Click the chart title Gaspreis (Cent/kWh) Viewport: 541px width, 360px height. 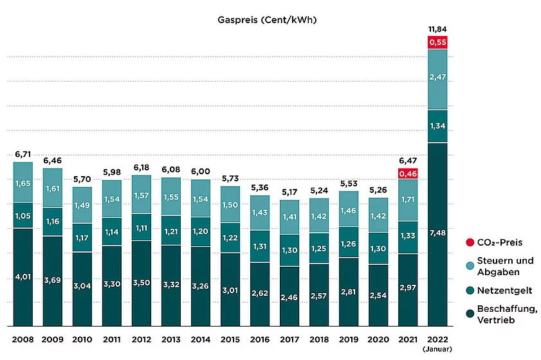coord(268,20)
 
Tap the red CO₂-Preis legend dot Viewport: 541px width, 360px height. coord(468,243)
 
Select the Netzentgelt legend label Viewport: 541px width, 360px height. coord(505,291)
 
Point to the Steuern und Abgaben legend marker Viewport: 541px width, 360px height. coord(468,265)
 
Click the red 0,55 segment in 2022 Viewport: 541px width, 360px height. coord(437,42)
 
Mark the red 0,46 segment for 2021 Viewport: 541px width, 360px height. coord(408,173)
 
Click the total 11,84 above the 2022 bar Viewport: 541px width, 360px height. coord(437,30)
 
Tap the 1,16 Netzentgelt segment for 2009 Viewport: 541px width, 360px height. coord(53,222)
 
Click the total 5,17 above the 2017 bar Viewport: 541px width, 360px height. coord(289,192)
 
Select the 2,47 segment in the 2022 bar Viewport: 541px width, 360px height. coord(437,78)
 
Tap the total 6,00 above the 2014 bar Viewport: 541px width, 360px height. coord(201,171)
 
